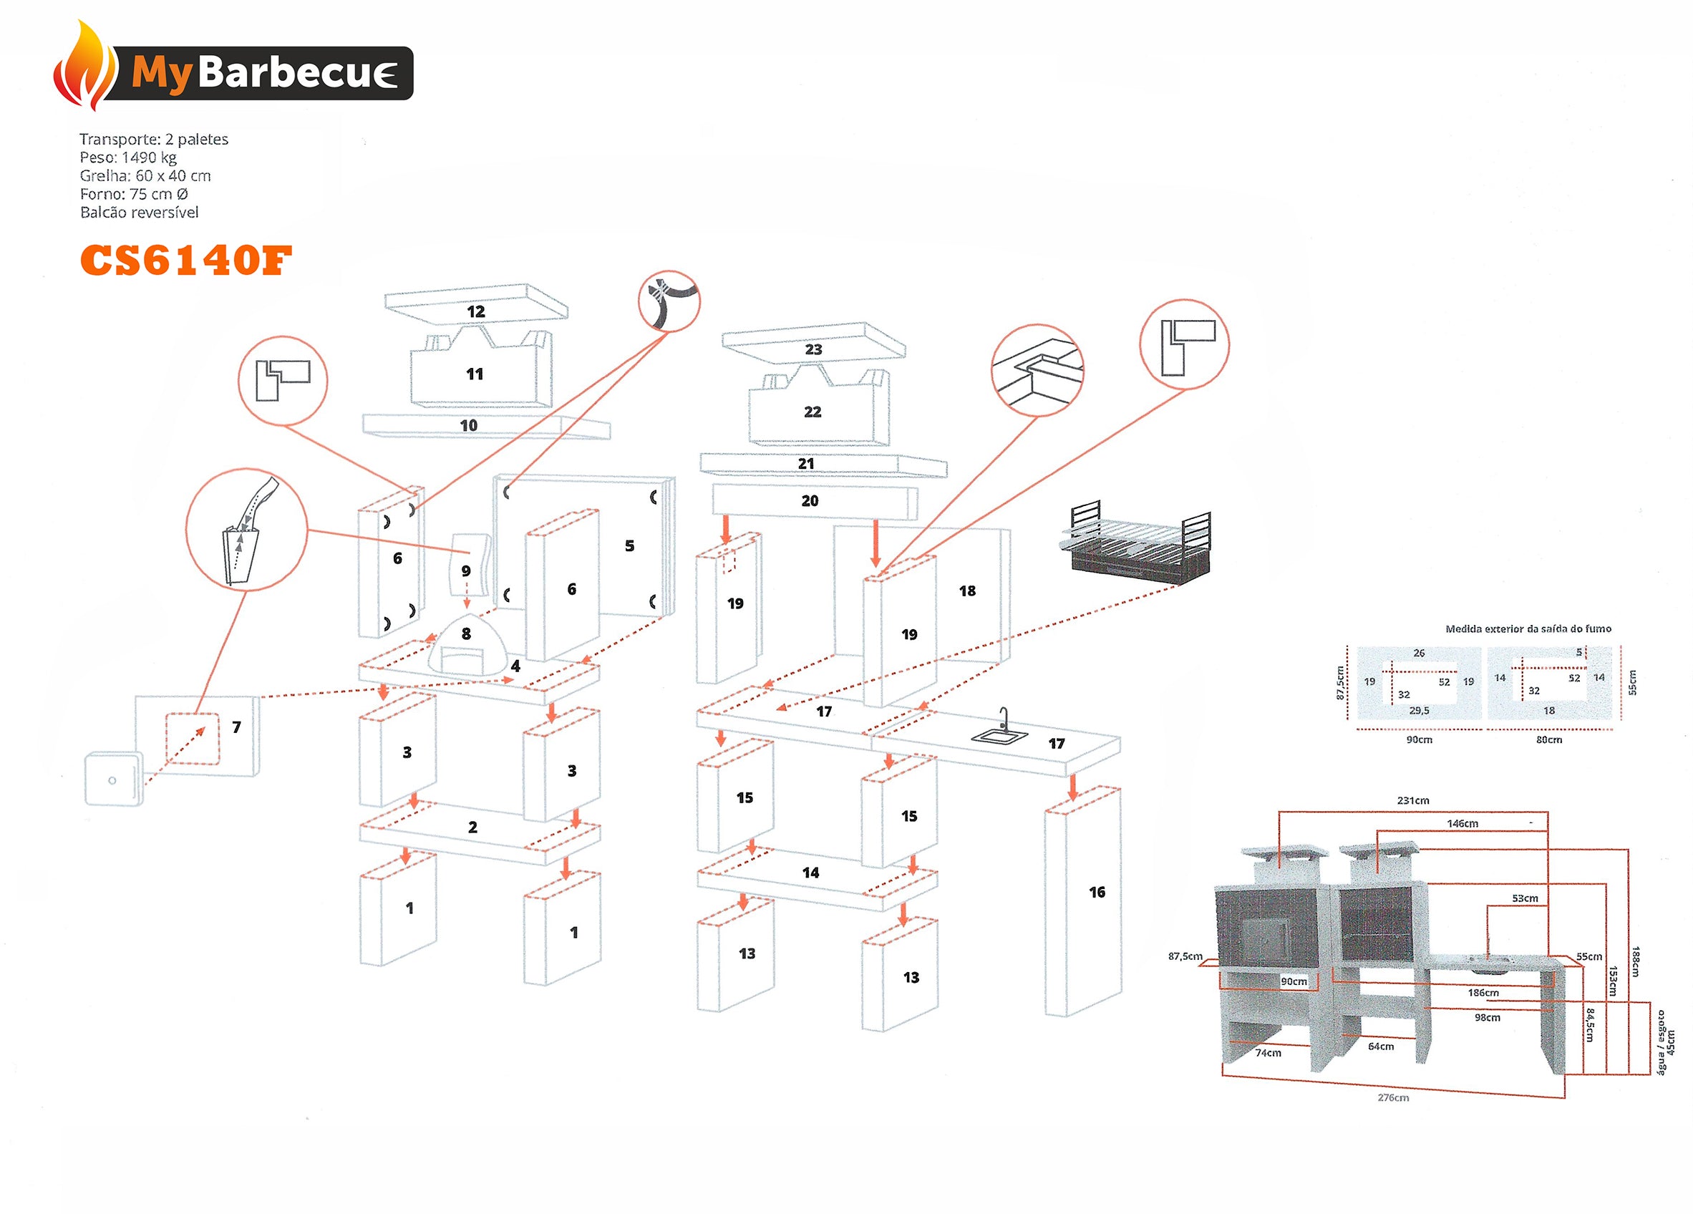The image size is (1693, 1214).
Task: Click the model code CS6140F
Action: [x=185, y=261]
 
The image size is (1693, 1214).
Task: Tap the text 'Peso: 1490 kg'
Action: [x=127, y=157]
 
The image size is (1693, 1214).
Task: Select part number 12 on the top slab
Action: [x=475, y=311]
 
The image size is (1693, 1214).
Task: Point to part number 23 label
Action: [x=813, y=349]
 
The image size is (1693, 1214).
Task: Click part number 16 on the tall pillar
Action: [x=1097, y=892]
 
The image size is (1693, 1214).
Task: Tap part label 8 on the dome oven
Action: [x=466, y=634]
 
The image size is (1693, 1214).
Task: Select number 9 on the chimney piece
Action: [x=466, y=571]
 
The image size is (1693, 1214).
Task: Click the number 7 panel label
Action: [x=237, y=727]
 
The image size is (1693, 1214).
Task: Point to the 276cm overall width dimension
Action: [x=1393, y=1097]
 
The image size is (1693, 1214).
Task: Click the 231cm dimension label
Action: [x=1412, y=800]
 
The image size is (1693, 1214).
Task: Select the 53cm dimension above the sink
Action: [x=1524, y=898]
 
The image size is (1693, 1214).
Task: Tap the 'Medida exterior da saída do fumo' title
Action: [x=1528, y=628]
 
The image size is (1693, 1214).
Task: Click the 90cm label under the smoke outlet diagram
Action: [x=1419, y=740]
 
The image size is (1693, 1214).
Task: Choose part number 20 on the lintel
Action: [x=810, y=501]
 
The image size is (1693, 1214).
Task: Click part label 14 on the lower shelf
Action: [x=810, y=873]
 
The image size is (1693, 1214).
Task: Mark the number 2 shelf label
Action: [x=472, y=827]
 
